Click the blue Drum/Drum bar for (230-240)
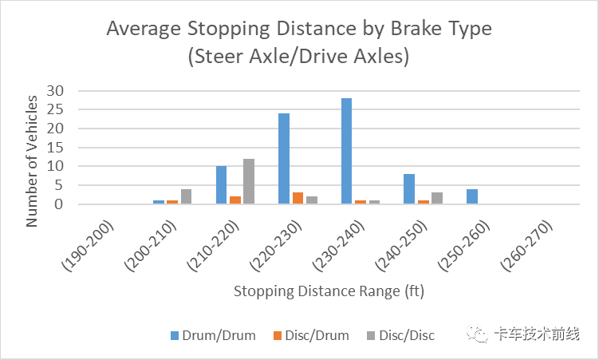[x=346, y=151]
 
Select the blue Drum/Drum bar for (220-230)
[x=283, y=158]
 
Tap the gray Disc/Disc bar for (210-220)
[x=249, y=181]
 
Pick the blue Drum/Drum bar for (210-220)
[x=221, y=185]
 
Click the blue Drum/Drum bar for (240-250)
[x=408, y=189]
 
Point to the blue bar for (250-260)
[x=471, y=196]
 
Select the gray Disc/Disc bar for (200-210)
[x=186, y=196]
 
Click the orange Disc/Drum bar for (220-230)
[x=298, y=198]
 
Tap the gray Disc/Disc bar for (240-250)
[x=437, y=198]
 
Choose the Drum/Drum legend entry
[x=212, y=335]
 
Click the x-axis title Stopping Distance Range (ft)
[x=329, y=291]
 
